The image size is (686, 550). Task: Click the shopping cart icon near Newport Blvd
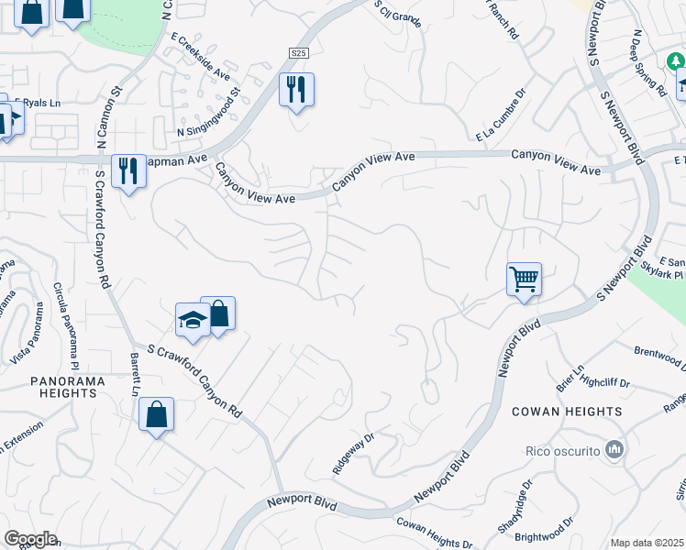pos(524,278)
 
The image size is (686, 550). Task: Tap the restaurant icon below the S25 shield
pos(296,90)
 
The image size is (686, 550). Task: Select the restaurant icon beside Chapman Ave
pos(128,170)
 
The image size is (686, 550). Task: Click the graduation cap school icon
pos(194,319)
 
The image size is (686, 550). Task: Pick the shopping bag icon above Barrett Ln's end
pos(156,414)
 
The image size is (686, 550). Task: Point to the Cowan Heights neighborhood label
pos(566,412)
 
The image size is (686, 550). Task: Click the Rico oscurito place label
pos(562,450)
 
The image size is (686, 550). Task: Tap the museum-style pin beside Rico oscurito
pos(614,449)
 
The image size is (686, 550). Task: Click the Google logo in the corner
pos(30,539)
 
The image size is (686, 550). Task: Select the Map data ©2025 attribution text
pos(647,543)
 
